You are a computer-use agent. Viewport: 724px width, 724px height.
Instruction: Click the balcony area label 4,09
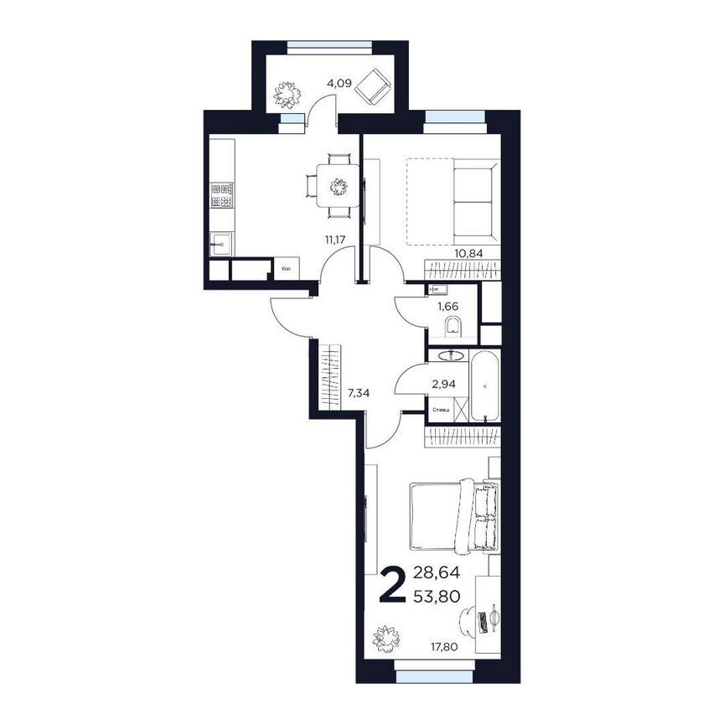pyautogui.click(x=339, y=83)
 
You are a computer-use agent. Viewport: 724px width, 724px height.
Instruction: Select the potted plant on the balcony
pyautogui.click(x=287, y=93)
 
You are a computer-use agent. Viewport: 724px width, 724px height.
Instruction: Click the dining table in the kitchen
pyautogui.click(x=339, y=185)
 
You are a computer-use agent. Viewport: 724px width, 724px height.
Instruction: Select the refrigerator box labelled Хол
pyautogui.click(x=287, y=268)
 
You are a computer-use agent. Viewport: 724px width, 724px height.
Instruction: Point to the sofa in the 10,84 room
pyautogui.click(x=474, y=201)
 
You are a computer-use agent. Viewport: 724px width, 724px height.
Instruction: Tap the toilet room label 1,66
pyautogui.click(x=447, y=307)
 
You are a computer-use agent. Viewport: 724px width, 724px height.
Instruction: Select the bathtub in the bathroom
pyautogui.click(x=484, y=386)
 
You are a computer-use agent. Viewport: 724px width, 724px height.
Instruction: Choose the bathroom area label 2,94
pyautogui.click(x=442, y=385)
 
